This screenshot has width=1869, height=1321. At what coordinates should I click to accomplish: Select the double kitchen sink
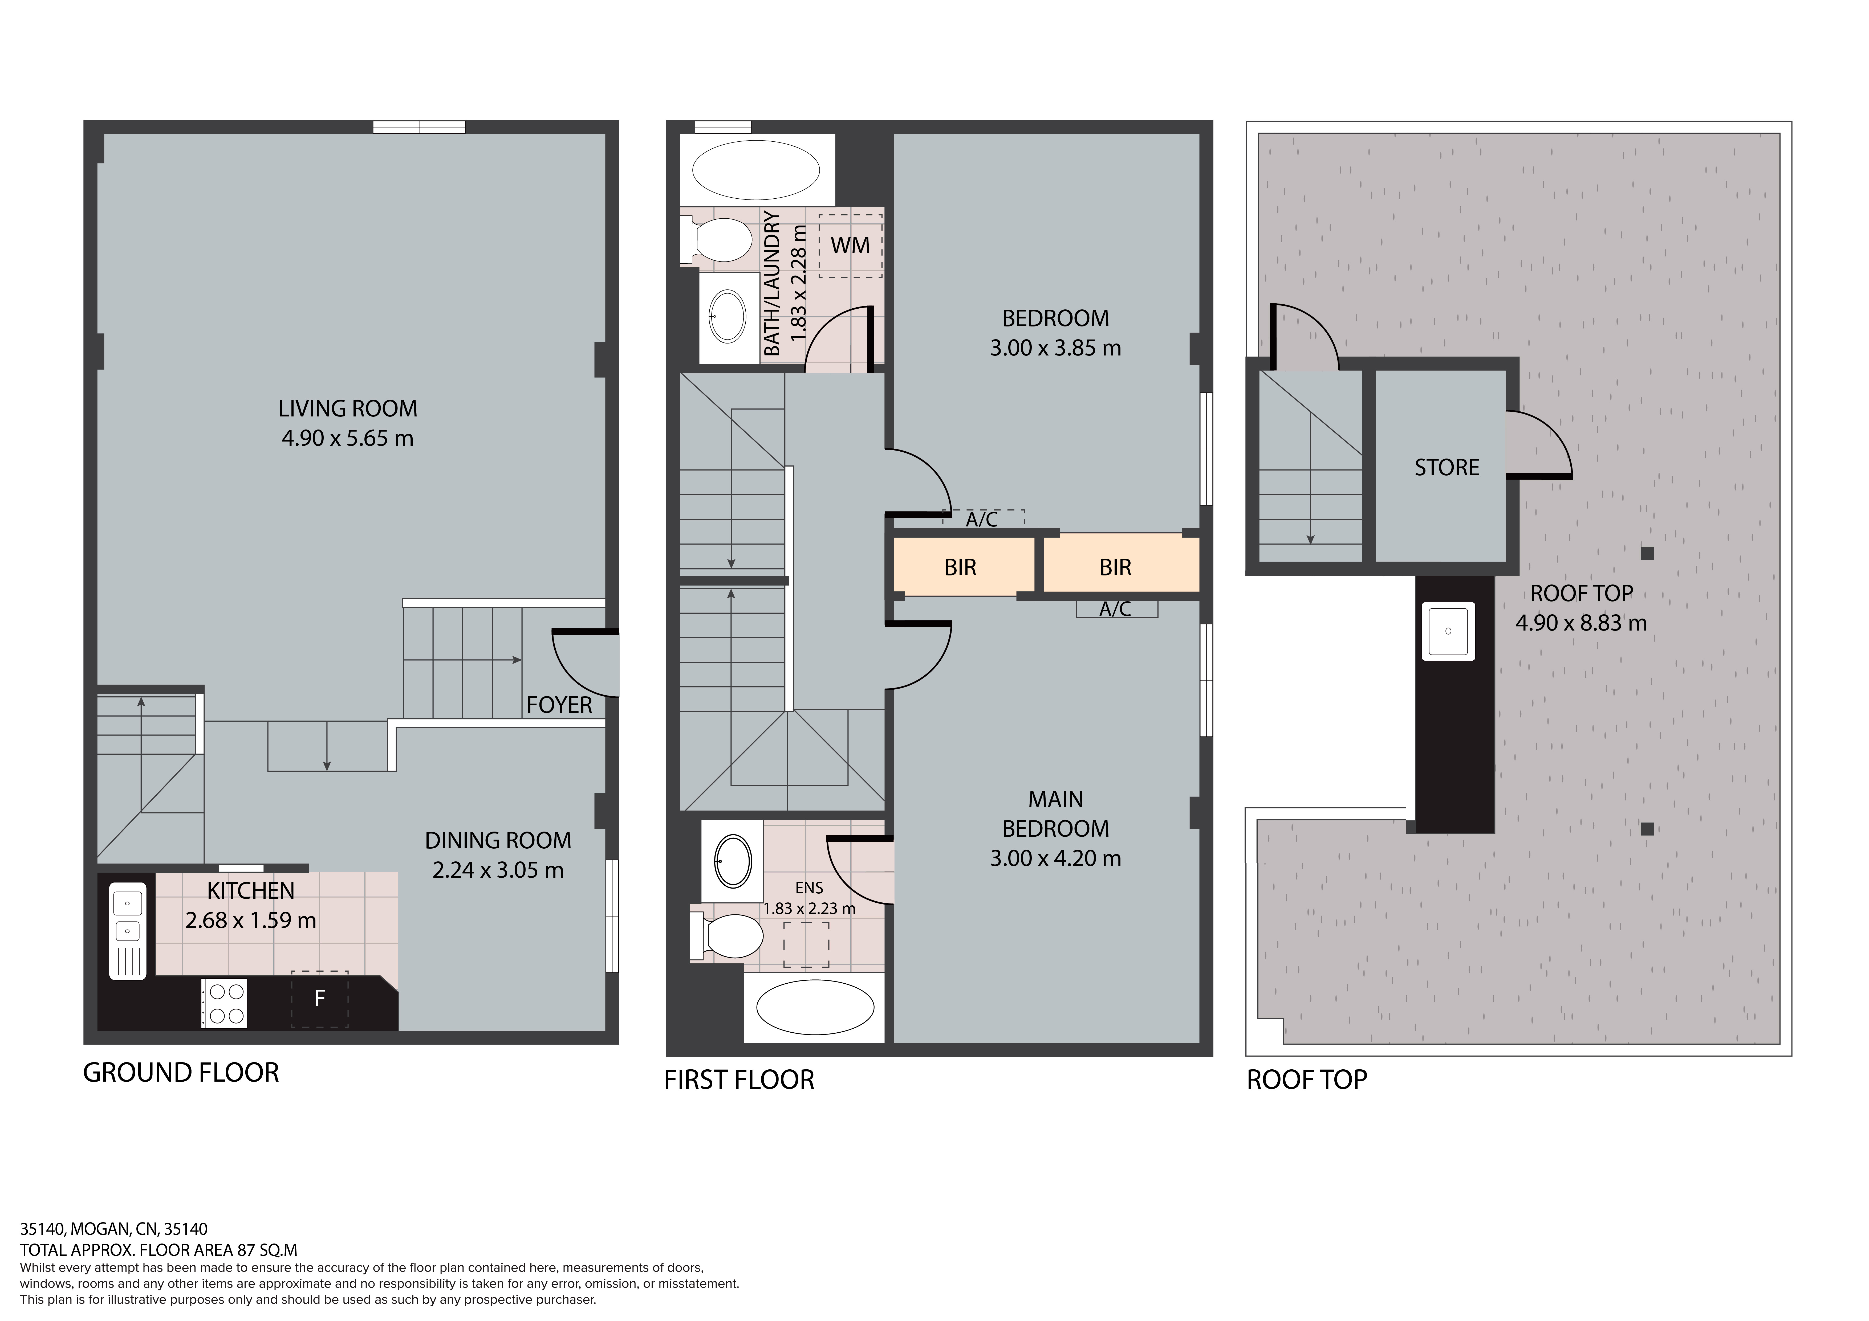click(x=128, y=930)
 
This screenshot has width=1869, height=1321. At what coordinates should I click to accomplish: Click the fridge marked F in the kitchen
click(x=320, y=999)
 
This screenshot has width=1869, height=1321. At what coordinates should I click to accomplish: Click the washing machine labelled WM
click(x=851, y=245)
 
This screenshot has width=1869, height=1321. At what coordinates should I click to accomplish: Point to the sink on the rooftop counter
click(x=1448, y=631)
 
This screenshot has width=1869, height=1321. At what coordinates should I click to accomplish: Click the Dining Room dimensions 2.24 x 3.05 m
click(x=498, y=870)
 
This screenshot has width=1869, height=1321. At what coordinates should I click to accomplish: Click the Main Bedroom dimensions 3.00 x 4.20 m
click(x=1056, y=858)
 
